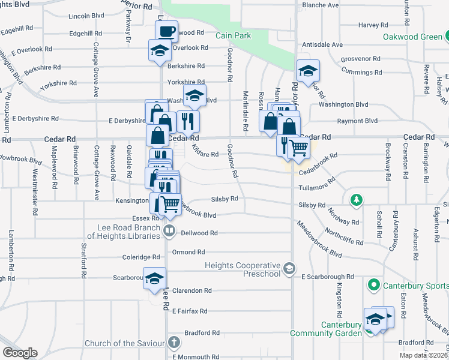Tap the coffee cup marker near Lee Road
(167, 31)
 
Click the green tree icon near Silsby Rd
(356, 199)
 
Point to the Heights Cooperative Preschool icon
(290, 267)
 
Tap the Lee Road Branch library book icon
(169, 230)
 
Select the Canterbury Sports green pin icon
(374, 284)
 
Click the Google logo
(20, 352)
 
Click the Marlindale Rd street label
(246, 111)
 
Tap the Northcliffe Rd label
(343, 236)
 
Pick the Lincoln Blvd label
(86, 16)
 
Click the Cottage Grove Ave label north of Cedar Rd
(95, 70)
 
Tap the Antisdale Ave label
(322, 44)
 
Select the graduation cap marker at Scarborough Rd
(154, 278)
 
